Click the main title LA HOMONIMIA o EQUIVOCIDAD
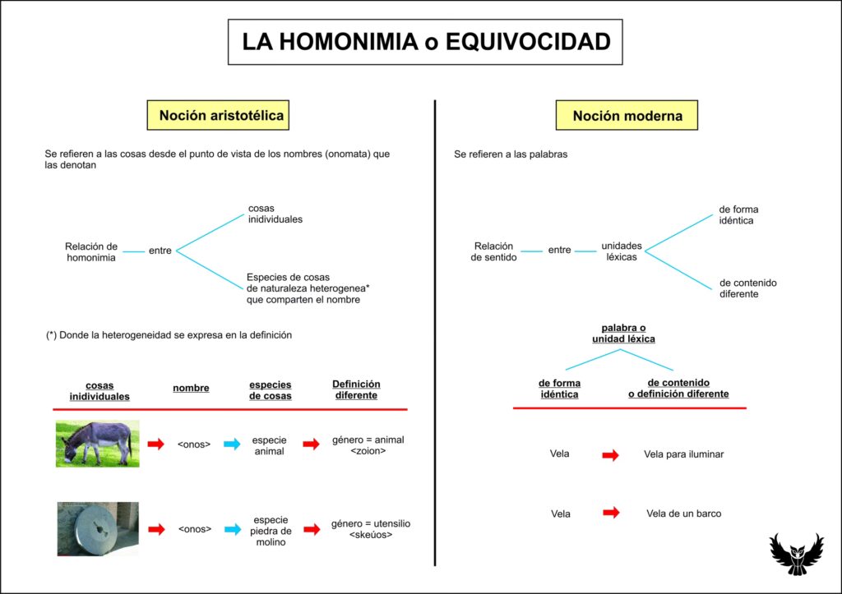(x=425, y=42)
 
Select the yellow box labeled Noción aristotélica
(x=221, y=115)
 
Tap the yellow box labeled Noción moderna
(x=627, y=116)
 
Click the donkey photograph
(x=97, y=444)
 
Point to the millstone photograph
(x=98, y=529)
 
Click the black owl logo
(x=795, y=553)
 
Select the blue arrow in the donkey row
(x=233, y=444)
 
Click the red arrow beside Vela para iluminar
(x=610, y=454)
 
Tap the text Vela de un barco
(x=683, y=513)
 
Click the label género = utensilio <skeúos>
(x=371, y=529)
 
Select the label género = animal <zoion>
(x=368, y=445)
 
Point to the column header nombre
(x=191, y=388)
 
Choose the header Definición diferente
(x=356, y=389)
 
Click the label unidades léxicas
(x=622, y=251)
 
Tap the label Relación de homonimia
(x=91, y=251)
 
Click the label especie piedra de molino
(x=271, y=531)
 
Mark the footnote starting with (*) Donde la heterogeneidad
(x=169, y=335)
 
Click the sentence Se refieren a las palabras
(x=511, y=154)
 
